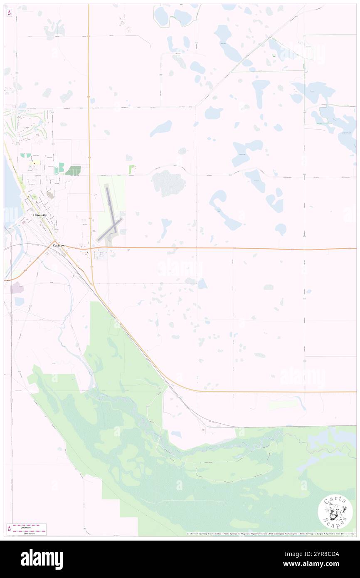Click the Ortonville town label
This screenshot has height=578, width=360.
click(42, 216)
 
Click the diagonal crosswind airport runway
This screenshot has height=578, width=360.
click(110, 229)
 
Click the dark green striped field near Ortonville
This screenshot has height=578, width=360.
click(73, 170)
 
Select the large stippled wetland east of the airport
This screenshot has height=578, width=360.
click(168, 183)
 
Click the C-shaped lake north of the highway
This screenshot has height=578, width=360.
click(224, 210)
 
